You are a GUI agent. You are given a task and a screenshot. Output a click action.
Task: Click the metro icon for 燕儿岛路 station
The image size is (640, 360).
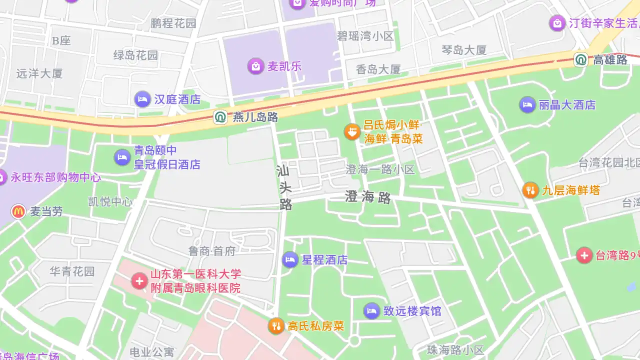pos(220,117)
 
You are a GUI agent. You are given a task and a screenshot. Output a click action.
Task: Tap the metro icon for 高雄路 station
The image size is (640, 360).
pos(581,60)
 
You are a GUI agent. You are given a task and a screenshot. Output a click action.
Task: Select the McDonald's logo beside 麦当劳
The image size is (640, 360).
pos(18,211)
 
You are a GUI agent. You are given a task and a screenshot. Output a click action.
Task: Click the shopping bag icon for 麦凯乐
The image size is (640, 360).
pos(255,66)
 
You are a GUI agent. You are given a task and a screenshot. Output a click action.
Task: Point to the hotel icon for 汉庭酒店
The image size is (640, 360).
pos(142,99)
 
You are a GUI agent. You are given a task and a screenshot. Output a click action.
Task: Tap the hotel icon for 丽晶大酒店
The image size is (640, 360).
pos(527,104)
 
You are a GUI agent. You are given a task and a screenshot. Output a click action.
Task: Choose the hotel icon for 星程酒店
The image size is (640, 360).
pos(290,259)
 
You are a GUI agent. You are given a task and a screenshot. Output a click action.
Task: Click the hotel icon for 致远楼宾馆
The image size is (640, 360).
pos(371,311)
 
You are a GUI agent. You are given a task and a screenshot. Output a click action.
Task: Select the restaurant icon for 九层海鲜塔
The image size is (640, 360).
pos(530,190)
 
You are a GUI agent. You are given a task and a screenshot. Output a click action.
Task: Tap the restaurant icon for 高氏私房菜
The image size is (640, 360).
pos(276,326)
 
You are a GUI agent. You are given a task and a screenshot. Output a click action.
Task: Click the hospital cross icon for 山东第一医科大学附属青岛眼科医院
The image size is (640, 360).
pos(139,281)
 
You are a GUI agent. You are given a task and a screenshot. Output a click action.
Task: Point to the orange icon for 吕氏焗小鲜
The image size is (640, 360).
pos(352,131)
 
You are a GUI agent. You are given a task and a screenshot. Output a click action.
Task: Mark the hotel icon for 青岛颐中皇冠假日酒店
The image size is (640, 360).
pos(122,157)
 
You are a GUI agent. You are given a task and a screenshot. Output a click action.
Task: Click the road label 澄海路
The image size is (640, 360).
pos(368,197)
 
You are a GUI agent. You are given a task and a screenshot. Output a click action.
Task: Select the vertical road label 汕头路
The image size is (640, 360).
pos(284,188)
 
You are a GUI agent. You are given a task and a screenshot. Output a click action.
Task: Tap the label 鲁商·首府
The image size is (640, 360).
pos(212,251)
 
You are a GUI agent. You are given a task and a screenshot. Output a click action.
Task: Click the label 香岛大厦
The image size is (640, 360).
pos(378,69)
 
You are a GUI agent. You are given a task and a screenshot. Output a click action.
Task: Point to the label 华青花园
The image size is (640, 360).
pos(72,271)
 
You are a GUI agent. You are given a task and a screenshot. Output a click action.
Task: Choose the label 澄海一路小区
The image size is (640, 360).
pos(380,169)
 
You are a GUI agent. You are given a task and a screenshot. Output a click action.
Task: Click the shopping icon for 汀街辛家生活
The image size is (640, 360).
pos(557,23)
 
